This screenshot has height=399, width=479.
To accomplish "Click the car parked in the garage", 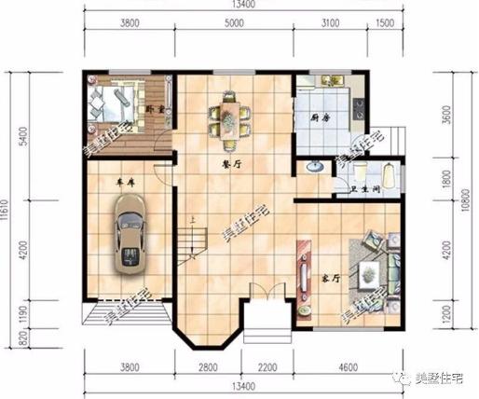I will click(129, 241).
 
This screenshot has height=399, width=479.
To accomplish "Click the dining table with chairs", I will click(229, 118).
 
